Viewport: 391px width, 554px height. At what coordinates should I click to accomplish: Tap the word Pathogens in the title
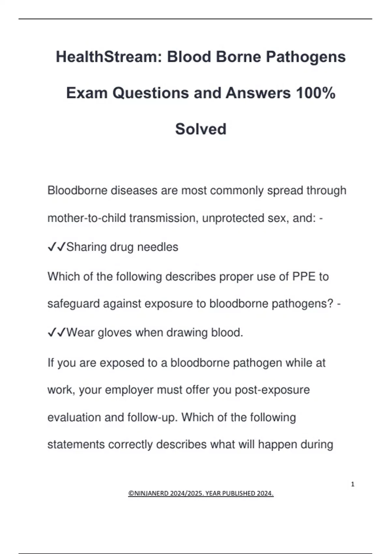click(306, 57)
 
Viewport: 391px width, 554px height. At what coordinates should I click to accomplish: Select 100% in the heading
click(316, 93)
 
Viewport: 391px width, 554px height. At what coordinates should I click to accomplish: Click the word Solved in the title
click(201, 129)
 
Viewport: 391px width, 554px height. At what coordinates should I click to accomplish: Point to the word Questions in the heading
click(151, 93)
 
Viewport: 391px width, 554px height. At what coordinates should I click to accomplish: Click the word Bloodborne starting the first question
click(77, 190)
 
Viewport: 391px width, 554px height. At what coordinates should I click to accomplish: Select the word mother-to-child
click(86, 218)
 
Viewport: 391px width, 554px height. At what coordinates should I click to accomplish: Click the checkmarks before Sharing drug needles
click(57, 247)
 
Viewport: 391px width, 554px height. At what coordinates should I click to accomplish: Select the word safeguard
click(73, 304)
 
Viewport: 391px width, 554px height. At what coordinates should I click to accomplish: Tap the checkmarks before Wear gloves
click(57, 333)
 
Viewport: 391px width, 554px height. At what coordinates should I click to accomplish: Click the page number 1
click(353, 484)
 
